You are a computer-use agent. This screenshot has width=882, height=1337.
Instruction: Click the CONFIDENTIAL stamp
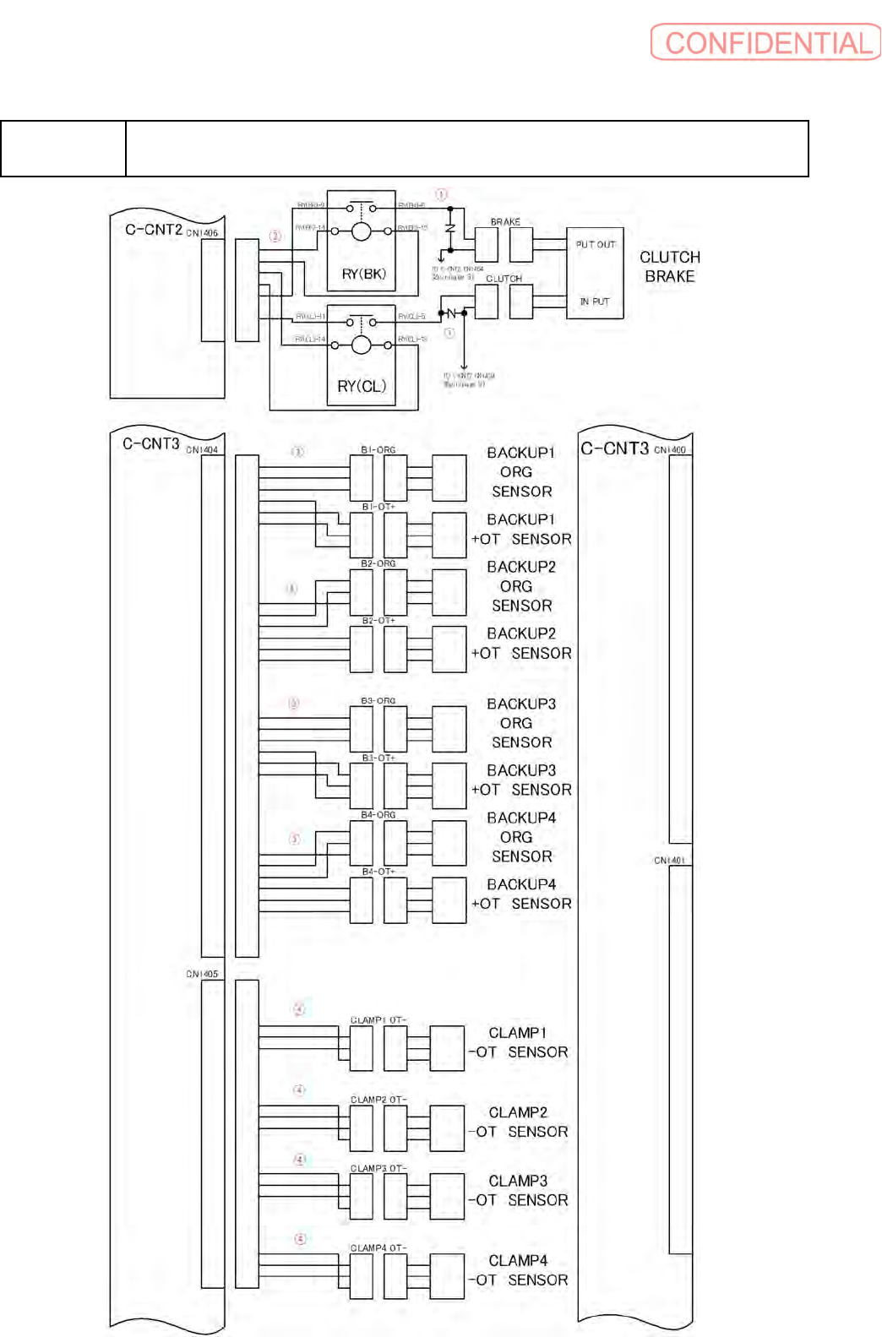coord(765,42)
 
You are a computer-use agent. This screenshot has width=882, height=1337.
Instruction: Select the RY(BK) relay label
coord(363,274)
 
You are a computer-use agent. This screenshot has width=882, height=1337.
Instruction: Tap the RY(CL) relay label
coord(362,386)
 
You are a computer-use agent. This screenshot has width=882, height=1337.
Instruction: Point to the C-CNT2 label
coord(154,230)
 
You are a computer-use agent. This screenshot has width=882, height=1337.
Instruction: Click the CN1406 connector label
coord(202,233)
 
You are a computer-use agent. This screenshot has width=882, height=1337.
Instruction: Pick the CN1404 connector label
coord(202,450)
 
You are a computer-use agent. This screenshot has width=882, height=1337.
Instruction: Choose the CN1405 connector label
coord(202,974)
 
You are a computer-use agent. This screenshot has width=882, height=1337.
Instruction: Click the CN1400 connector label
coord(670,450)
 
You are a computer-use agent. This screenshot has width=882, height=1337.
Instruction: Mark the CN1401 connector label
coord(670,861)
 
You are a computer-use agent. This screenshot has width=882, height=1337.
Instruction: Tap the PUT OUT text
coord(596,245)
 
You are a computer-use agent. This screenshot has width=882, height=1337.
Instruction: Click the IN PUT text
coord(595,302)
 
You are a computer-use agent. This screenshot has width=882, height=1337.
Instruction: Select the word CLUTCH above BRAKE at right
coord(669,257)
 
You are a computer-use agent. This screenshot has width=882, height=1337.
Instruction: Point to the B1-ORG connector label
coord(378,450)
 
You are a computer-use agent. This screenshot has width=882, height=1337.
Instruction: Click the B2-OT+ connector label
coord(378,621)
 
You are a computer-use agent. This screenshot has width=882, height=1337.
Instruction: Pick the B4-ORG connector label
coord(378,815)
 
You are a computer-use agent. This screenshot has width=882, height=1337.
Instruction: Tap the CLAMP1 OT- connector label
coord(378,1020)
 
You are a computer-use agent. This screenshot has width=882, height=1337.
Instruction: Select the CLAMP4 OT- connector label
coord(378,1247)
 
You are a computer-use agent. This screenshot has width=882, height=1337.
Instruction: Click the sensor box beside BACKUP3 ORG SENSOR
coord(449,729)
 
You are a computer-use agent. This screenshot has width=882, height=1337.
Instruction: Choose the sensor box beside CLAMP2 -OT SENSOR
coord(447,1128)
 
